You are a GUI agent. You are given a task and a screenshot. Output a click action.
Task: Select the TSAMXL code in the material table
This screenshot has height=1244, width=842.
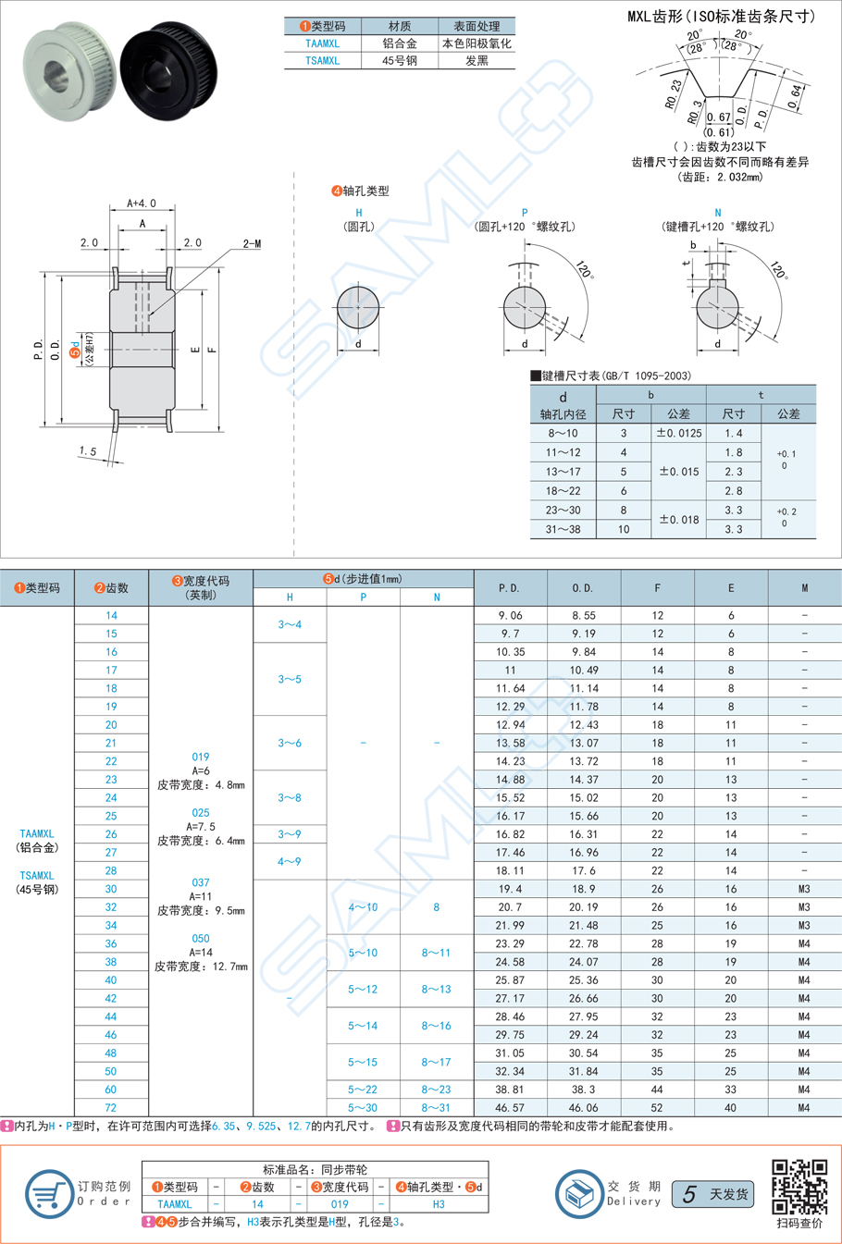tap(322, 61)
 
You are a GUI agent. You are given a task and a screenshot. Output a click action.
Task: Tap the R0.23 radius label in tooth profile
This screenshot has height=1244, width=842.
tap(673, 93)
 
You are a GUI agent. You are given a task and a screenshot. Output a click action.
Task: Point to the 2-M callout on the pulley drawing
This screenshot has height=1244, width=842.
tap(252, 243)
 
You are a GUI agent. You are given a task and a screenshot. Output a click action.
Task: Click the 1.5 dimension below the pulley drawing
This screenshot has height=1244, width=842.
tap(88, 451)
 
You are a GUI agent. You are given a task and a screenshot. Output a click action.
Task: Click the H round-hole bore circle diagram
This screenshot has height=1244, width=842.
tap(358, 308)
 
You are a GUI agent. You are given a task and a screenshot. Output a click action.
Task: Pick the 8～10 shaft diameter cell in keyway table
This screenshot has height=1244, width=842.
tap(563, 433)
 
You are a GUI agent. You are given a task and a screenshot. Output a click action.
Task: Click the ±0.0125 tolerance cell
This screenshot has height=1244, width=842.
tap(678, 433)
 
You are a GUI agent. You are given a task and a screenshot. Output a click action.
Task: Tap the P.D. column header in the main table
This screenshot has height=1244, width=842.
tap(509, 588)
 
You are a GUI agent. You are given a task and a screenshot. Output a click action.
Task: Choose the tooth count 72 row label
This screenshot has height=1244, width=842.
tap(111, 1107)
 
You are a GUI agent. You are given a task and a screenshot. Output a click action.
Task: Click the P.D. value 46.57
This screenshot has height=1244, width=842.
tap(509, 1107)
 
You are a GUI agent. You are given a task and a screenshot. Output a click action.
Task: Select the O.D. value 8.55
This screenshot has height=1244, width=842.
tap(583, 615)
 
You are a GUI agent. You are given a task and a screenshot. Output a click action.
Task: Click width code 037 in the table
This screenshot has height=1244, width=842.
tap(201, 882)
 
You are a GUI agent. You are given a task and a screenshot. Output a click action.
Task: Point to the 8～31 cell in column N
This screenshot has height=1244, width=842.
tap(436, 1107)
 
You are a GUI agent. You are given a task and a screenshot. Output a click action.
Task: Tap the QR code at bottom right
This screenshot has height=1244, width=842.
tap(799, 1187)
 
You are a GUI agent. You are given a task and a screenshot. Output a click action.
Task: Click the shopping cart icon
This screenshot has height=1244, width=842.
tap(49, 1193)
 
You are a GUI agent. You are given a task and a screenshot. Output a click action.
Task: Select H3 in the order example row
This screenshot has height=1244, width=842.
tap(439, 1204)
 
